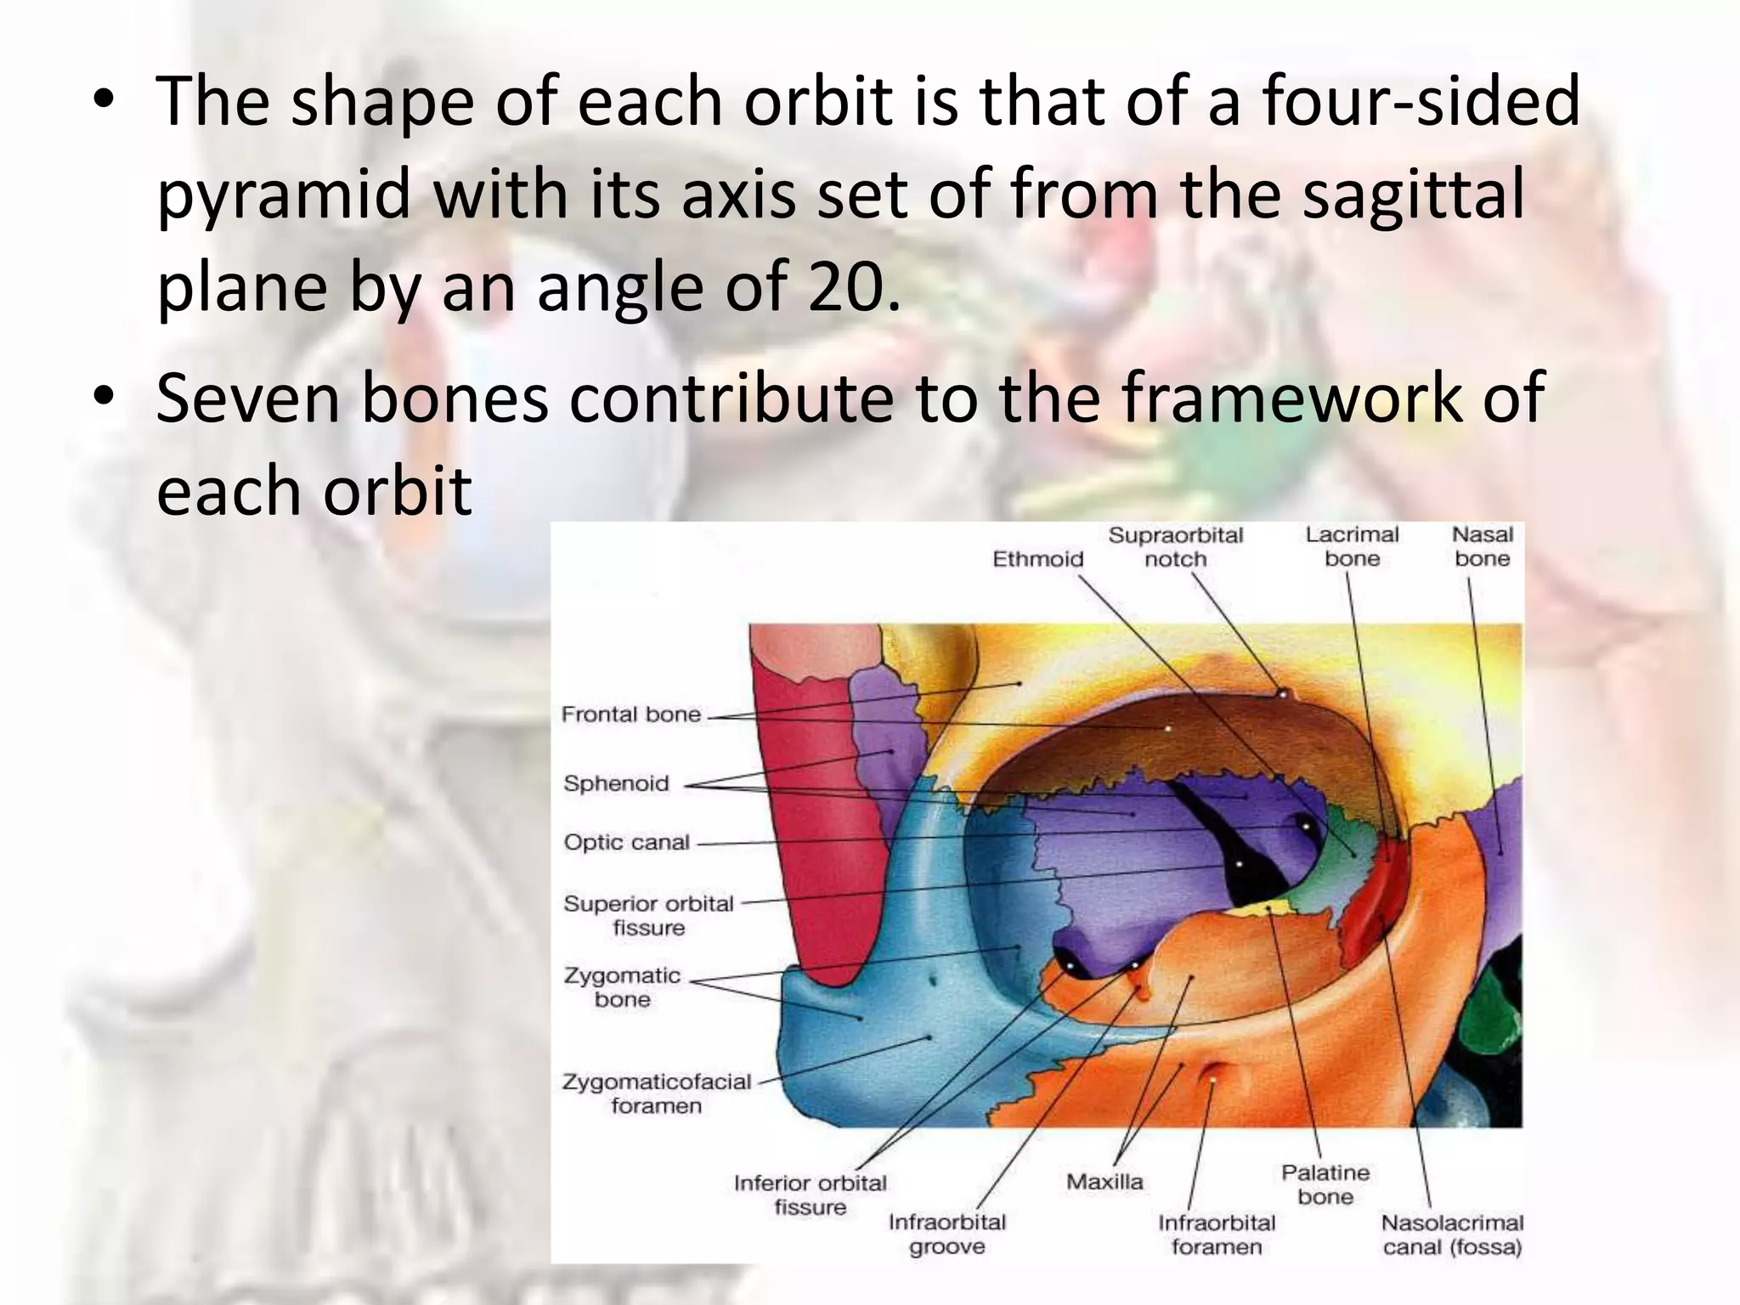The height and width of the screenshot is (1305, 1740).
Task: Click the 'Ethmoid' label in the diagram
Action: [x=1037, y=559]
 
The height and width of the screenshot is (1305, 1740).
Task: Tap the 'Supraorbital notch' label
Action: [x=1175, y=547]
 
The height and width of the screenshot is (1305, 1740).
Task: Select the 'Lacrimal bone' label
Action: [x=1352, y=547]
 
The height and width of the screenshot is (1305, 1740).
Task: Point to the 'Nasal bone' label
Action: [x=1482, y=547]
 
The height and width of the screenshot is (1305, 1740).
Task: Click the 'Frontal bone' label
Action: [x=630, y=715]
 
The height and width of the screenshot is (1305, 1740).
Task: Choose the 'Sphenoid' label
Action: [x=616, y=783]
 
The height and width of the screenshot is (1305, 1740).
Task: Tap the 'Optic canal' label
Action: [x=626, y=843]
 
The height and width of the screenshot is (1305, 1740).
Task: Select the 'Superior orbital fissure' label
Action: [x=648, y=916]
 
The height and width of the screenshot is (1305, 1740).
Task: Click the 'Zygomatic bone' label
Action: [x=622, y=987]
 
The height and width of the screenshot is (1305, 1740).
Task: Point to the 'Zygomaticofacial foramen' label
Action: [x=657, y=1094]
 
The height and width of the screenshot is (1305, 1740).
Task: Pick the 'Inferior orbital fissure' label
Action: [x=810, y=1195]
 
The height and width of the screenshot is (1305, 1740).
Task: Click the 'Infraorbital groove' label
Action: [x=946, y=1234]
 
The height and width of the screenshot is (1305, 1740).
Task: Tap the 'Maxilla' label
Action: [x=1104, y=1182]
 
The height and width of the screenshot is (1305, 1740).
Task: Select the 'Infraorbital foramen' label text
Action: [x=1217, y=1235]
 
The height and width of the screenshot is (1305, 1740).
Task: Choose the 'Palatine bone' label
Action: [x=1325, y=1185]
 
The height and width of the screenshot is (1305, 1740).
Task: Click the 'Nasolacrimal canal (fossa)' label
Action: [x=1452, y=1235]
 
